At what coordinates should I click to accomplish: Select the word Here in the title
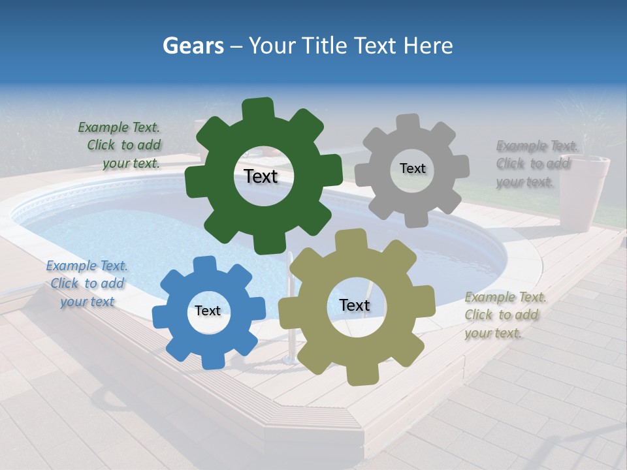tap(428, 46)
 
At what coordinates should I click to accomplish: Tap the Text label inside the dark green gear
tap(261, 176)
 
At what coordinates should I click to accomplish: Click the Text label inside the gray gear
tap(412, 168)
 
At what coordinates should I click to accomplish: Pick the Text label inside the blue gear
tap(208, 311)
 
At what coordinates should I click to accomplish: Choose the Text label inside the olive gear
tap(355, 305)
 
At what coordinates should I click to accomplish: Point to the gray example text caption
tap(536, 164)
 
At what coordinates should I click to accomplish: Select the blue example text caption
tap(87, 284)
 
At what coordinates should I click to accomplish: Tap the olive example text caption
tap(504, 315)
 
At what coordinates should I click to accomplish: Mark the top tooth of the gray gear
tap(408, 123)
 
